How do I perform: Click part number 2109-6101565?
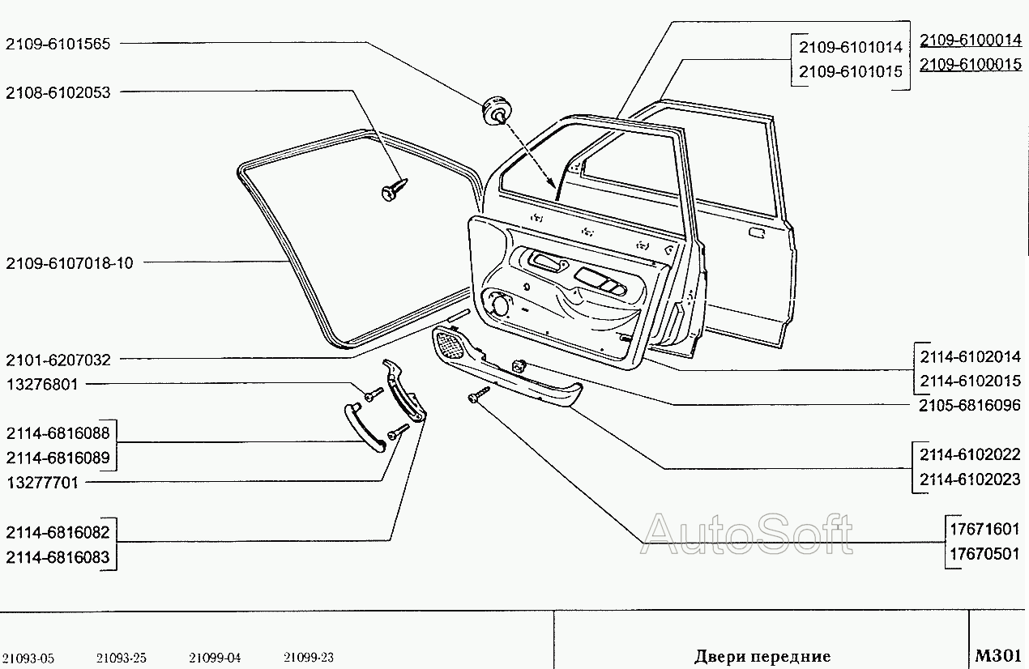pos(58,44)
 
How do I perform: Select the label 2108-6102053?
pos(58,93)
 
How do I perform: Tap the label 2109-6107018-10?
pos(70,263)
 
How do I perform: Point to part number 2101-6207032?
pos(58,360)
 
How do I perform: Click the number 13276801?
pos(42,385)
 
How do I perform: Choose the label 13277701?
pos(42,483)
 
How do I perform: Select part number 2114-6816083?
pos(58,557)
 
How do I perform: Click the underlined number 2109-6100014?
pos(971,40)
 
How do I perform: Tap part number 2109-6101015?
pos(851,71)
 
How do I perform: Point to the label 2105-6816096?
pos(969,405)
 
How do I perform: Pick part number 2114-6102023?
pos(969,479)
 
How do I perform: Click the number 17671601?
pos(984,530)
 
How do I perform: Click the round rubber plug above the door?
pos(496,110)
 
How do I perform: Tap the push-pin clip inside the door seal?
pos(394,190)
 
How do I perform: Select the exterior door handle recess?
pos(757,232)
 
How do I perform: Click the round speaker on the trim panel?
pos(499,306)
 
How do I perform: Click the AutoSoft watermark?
pos(746,534)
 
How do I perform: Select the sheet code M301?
pos(997,655)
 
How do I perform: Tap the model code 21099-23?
pos(308,658)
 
